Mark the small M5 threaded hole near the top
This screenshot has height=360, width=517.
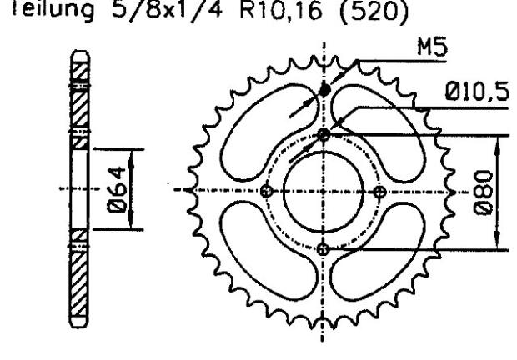325,90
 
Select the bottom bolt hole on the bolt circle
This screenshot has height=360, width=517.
324,248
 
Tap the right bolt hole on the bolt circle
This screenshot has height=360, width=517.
381,192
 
